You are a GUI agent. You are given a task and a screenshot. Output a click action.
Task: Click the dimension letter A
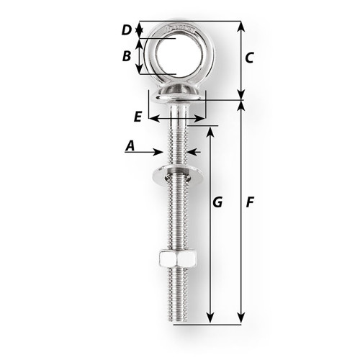click(x=130, y=146)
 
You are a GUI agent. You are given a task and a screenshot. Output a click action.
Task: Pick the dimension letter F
click(x=248, y=204)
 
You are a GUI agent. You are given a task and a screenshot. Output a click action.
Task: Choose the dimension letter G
click(x=217, y=204)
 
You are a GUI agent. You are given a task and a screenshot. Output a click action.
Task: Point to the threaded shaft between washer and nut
click(x=176, y=220)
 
